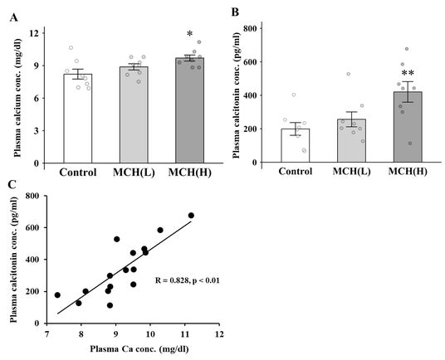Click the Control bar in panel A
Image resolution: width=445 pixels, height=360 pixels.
[x=78, y=119]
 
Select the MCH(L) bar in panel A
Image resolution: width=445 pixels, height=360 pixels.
[x=134, y=114]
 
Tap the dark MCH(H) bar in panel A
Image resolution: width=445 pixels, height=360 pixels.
[x=189, y=110]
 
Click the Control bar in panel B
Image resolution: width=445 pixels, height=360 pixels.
[x=296, y=145]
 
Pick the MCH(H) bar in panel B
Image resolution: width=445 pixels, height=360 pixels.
[x=408, y=127]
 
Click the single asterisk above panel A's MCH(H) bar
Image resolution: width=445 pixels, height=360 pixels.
[x=189, y=34]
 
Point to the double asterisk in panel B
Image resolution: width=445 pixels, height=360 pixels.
[x=408, y=73]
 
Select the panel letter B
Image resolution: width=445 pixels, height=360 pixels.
[x=235, y=12]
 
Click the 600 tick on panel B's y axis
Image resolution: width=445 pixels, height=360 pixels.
[x=250, y=61]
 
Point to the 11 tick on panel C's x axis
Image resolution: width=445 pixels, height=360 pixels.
[x=185, y=334]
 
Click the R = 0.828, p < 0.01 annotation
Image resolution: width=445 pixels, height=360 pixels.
[x=188, y=280]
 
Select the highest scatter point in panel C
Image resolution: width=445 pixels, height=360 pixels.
[x=191, y=216]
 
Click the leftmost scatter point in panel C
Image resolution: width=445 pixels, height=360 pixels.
[x=57, y=295]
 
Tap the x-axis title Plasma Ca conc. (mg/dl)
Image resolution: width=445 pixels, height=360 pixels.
[x=139, y=349]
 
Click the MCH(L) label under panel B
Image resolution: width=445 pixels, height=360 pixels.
[x=352, y=171]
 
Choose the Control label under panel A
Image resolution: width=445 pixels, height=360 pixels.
[x=78, y=172]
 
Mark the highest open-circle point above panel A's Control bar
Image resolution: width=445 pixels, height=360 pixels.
[x=71, y=47]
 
